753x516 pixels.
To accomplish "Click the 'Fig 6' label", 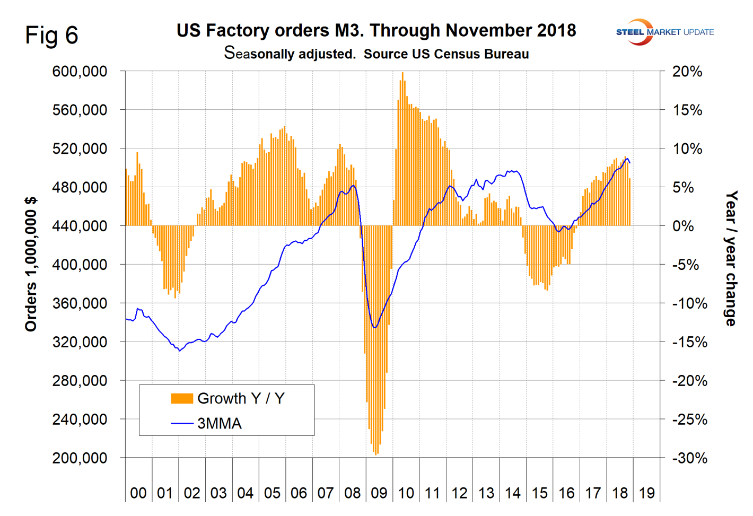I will [51, 35].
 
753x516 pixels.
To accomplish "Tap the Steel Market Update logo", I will [664, 32].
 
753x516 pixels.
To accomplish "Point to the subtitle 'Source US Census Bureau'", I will [446, 54].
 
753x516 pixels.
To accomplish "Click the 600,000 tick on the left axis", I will [80, 71].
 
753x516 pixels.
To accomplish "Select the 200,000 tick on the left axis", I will [80, 458].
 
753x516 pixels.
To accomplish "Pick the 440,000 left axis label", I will [80, 226].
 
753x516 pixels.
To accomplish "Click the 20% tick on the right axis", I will [687, 72].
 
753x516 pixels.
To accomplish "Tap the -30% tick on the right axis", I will [689, 458].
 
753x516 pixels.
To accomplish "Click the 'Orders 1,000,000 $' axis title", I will [31, 264].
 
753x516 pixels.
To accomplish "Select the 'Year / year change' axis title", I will [731, 259].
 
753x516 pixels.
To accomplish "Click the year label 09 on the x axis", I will [379, 493].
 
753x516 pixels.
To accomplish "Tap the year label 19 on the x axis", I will [646, 493].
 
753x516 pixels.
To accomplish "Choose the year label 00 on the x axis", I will [138, 493].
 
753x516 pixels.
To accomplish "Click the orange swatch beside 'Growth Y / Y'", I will [181, 399].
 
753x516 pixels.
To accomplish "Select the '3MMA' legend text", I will [219, 424].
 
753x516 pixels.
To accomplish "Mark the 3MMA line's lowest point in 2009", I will [375, 328].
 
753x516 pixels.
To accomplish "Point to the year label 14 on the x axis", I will [513, 493].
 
